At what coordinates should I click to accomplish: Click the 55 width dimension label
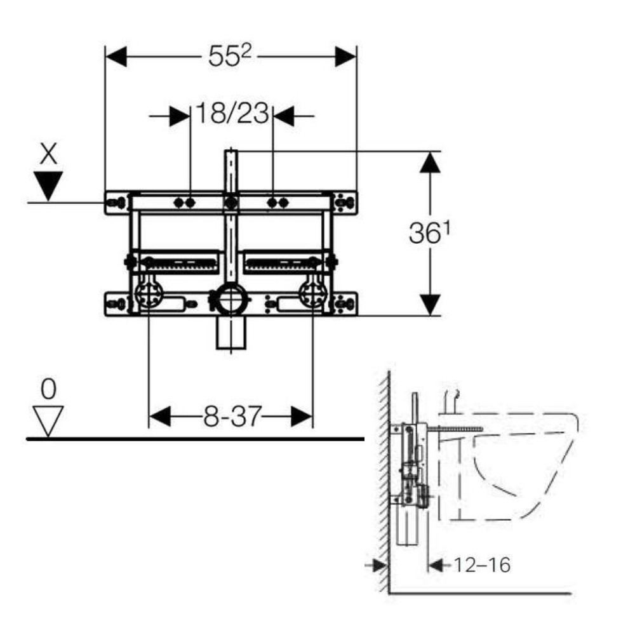230,55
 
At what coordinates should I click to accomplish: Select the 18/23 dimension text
232,113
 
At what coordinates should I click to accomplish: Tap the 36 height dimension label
429,233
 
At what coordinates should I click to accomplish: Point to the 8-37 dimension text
232,417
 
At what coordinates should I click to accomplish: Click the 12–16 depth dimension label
481,565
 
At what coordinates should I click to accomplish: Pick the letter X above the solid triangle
48,154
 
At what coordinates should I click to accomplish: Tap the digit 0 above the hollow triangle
48,389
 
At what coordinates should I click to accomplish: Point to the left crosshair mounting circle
149,295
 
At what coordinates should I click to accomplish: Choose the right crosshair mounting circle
313,295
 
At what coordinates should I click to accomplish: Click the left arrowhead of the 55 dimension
116,57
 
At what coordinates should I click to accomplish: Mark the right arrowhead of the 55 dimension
346,57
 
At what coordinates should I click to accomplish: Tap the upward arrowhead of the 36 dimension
430,163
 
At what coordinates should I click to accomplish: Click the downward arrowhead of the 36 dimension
430,305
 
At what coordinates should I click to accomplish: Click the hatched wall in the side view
384,482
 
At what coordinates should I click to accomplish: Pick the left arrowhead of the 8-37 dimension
159,417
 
